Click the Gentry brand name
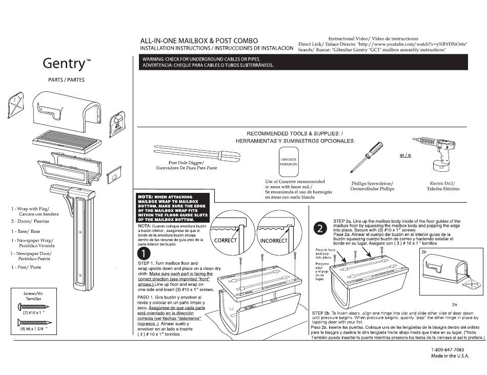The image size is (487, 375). tap(67, 63)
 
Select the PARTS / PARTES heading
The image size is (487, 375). tap(66, 80)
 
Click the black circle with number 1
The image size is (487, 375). tap(145, 253)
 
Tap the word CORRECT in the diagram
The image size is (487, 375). tap(225, 240)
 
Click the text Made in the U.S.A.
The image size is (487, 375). tap(450, 356)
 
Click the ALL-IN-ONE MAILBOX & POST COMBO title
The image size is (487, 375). tap(199, 41)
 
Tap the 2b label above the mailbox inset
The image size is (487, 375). tap(424, 252)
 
